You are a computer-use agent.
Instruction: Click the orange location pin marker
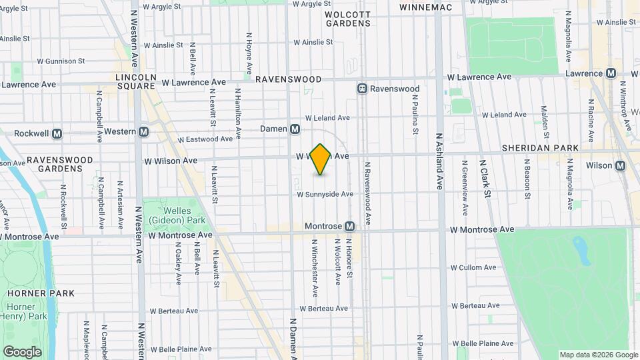pos(321,159)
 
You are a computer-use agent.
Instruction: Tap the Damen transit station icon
pos(295,129)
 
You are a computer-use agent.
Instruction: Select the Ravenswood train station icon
pos(362,89)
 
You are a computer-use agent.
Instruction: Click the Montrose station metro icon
pos(349,227)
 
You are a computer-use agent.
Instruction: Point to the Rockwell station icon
pos(57,133)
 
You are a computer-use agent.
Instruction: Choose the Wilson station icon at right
pos(620,165)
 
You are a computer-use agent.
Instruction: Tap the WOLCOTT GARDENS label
pos(348,19)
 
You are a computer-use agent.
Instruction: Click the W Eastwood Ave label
pos(205,139)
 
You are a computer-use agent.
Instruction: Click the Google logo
pos(22,351)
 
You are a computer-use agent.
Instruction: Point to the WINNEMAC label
pos(426,7)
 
